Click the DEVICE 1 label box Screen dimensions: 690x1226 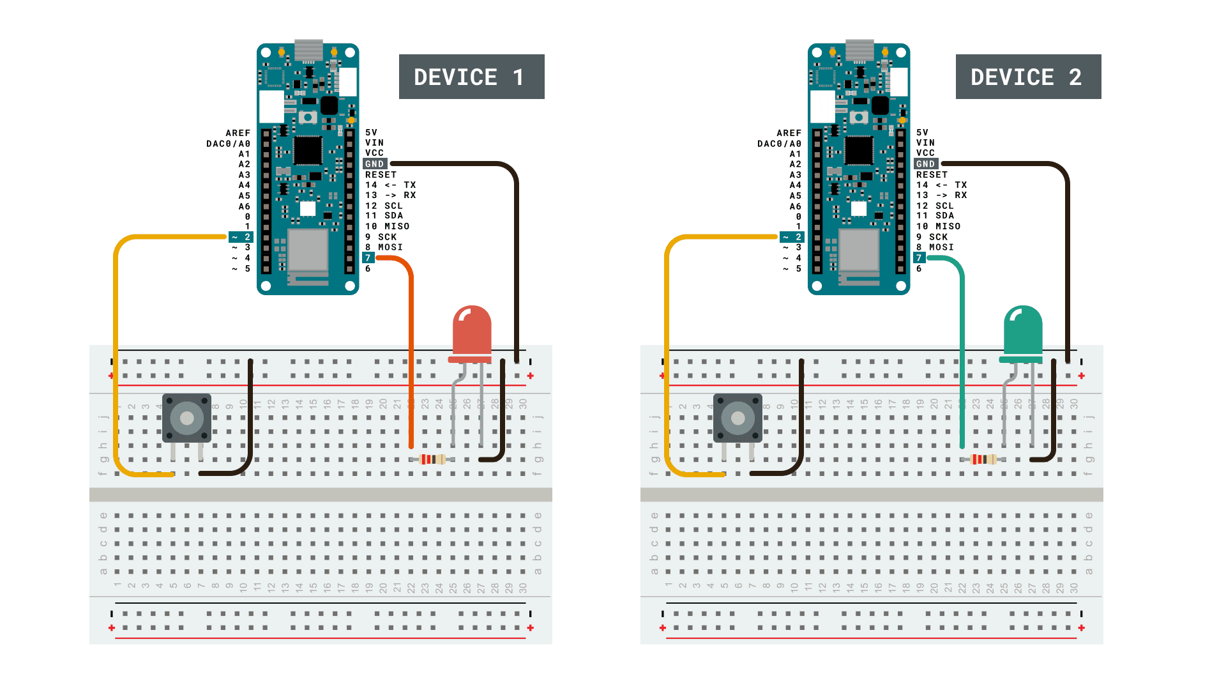point(471,77)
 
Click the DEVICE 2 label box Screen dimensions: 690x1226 point(1028,77)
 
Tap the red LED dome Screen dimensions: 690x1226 point(472,329)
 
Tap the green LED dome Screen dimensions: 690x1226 point(1023,329)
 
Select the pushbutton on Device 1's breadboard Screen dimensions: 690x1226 point(186,418)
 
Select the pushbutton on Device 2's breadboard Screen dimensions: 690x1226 point(738,418)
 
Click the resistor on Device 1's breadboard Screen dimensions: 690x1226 point(432,459)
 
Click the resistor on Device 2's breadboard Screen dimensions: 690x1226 point(983,459)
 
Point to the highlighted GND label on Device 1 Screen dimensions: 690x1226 point(375,164)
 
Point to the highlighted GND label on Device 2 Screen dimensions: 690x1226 point(926,164)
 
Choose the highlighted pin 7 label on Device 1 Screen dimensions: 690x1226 point(368,258)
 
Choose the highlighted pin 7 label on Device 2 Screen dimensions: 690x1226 point(919,258)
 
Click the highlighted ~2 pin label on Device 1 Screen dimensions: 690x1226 point(241,237)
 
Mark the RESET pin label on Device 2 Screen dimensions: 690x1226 point(932,174)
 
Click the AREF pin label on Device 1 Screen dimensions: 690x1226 point(238,133)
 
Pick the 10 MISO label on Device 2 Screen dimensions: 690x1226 point(938,226)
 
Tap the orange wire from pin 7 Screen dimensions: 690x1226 point(411,351)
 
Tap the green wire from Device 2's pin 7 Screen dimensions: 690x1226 point(962,351)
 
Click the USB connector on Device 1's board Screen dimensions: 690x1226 point(308,50)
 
